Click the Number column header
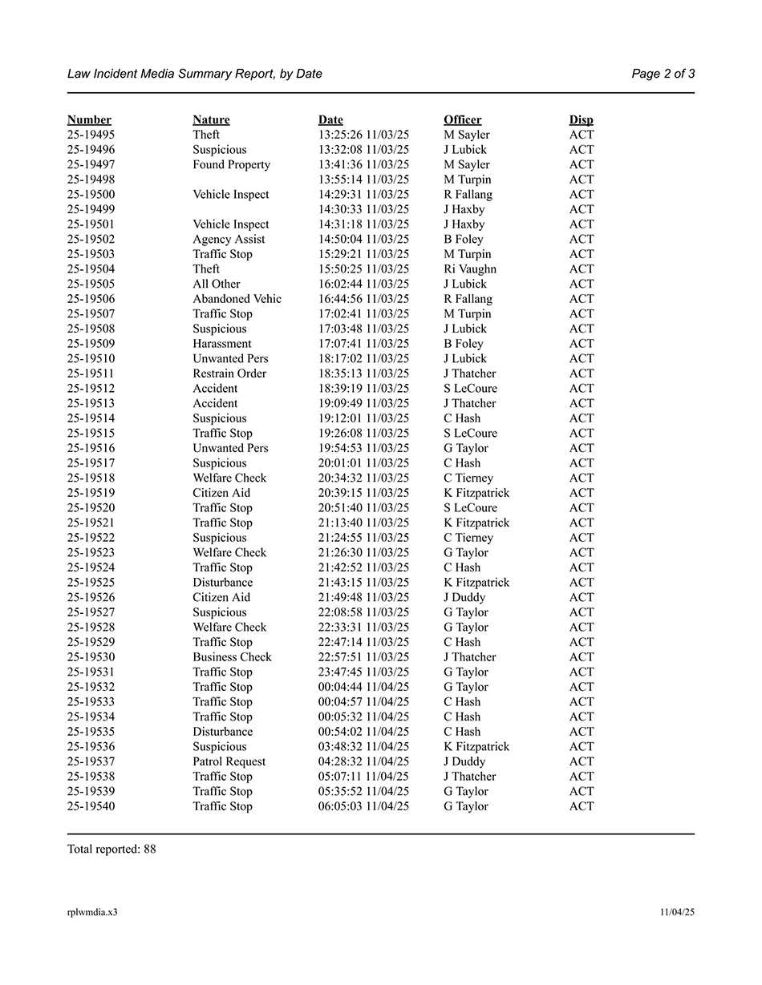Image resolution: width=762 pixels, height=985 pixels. (x=89, y=120)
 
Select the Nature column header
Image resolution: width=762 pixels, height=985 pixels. (x=211, y=120)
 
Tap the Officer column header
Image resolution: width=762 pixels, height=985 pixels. (x=463, y=120)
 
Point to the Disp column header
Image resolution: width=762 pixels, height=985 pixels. (x=582, y=120)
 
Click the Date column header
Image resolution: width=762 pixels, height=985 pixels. (x=330, y=120)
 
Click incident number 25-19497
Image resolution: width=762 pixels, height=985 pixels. (x=91, y=165)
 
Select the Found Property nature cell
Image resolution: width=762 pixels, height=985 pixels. (x=231, y=165)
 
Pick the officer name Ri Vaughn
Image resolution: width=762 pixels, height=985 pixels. (x=470, y=269)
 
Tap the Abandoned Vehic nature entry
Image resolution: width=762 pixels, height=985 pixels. (x=237, y=299)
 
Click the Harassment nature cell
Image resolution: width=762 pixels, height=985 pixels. (x=222, y=344)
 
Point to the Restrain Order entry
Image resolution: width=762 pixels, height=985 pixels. (x=229, y=373)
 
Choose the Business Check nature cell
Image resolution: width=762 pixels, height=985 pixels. (x=232, y=657)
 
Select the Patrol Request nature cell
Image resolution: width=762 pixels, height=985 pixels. (x=229, y=761)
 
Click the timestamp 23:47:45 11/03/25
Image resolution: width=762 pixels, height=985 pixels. (x=363, y=672)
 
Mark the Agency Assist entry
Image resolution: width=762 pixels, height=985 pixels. (x=229, y=240)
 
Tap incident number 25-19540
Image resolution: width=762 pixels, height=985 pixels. (x=91, y=806)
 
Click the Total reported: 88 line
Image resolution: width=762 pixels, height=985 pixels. (x=111, y=850)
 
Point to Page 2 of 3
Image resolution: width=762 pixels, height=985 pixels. (x=663, y=74)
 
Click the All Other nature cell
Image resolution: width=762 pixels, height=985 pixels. (x=216, y=285)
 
